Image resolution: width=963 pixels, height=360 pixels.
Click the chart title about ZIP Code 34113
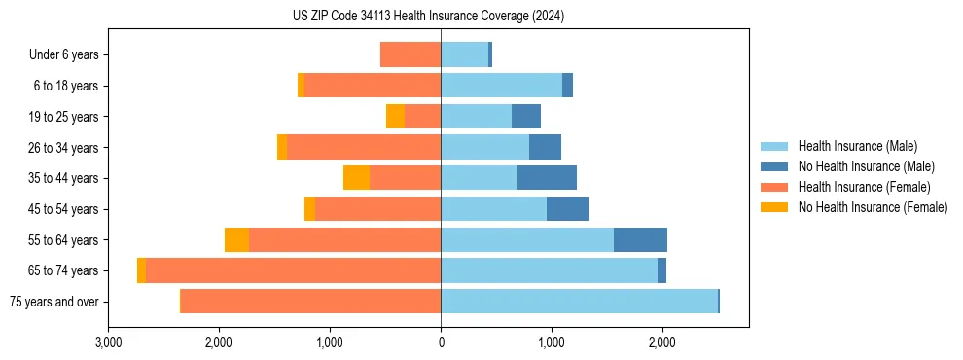428,16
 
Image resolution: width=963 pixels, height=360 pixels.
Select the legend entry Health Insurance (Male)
857,146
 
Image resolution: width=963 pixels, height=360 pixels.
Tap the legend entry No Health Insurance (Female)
873,207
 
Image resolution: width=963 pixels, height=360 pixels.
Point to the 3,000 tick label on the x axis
109,342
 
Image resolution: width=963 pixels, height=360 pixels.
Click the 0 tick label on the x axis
441,342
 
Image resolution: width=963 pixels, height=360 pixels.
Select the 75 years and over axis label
53,302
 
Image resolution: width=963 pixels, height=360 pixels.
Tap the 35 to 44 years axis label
64,178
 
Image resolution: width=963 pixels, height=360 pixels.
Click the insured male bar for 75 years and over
579,302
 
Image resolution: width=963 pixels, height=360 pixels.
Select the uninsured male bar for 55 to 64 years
640,240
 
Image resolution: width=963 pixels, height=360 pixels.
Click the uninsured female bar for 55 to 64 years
236,240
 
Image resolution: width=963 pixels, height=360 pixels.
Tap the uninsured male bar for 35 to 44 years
547,178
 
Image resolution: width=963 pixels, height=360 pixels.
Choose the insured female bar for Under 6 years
410,55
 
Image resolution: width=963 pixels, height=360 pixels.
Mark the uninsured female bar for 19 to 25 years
395,117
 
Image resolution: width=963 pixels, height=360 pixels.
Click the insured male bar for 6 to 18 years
501,86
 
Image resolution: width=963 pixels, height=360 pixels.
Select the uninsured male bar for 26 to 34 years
545,148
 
